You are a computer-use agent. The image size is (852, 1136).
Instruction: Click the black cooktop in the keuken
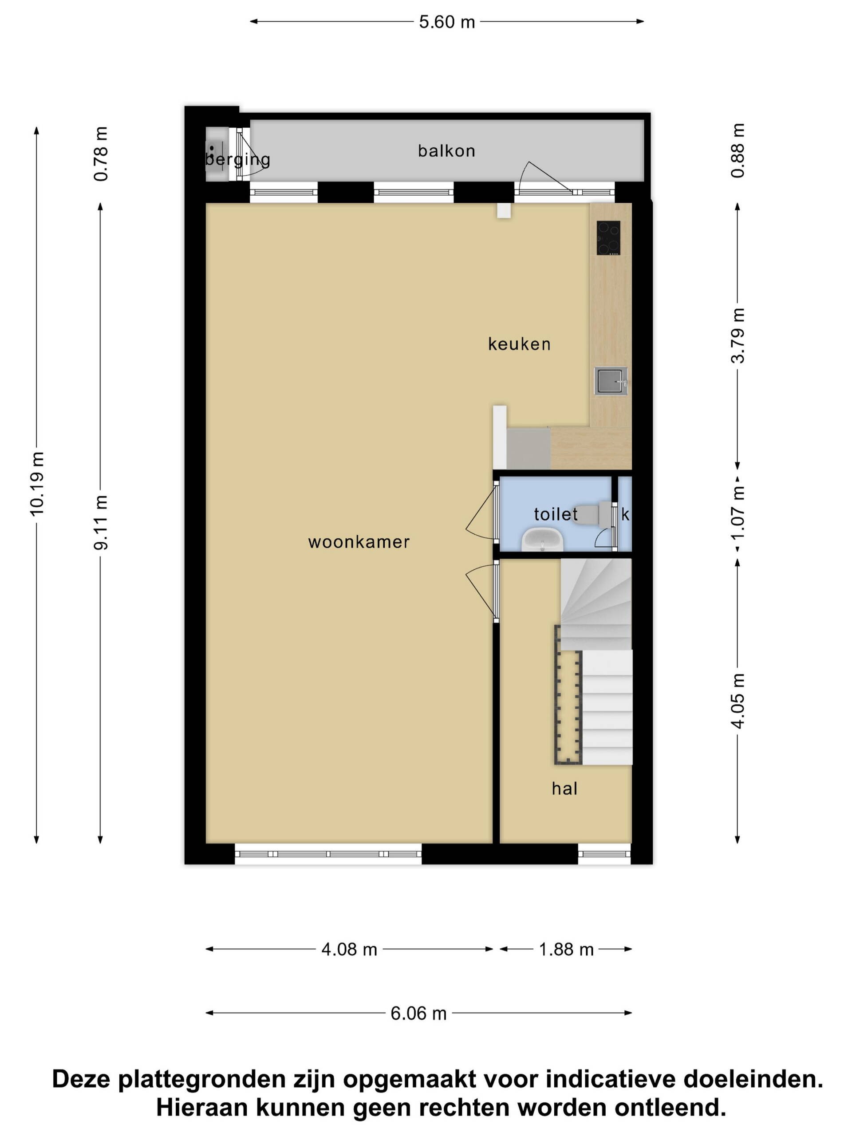pyautogui.click(x=608, y=238)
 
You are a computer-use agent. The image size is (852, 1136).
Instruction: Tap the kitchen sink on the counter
pyautogui.click(x=611, y=381)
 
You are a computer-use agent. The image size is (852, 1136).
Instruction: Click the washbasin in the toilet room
pyautogui.click(x=542, y=539)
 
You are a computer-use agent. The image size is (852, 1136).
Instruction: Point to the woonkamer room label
pyautogui.click(x=359, y=542)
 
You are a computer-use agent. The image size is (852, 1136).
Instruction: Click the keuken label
pyautogui.click(x=519, y=343)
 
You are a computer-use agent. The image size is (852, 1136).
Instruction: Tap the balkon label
pyautogui.click(x=446, y=150)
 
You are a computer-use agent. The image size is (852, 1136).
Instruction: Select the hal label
pyautogui.click(x=564, y=788)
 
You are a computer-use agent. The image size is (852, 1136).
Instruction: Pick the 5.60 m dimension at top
pyautogui.click(x=447, y=22)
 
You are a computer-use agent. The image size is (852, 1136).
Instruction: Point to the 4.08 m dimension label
pyautogui.click(x=349, y=949)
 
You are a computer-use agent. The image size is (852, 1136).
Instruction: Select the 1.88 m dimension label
pyautogui.click(x=566, y=949)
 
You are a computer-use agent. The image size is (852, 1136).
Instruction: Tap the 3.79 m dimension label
pyautogui.click(x=738, y=335)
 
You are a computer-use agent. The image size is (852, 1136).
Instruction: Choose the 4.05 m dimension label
pyautogui.click(x=738, y=701)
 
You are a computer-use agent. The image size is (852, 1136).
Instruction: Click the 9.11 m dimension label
pyautogui.click(x=101, y=522)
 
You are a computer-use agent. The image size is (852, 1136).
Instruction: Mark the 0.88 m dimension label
pyautogui.click(x=738, y=150)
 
